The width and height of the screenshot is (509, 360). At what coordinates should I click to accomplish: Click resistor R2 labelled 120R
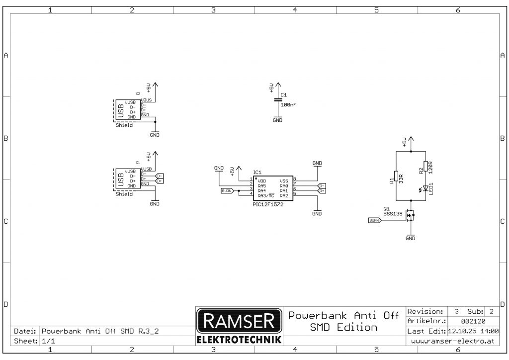425,167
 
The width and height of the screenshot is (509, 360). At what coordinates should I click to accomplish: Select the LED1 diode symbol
425,188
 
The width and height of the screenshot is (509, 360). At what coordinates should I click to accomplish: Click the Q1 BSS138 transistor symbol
410,215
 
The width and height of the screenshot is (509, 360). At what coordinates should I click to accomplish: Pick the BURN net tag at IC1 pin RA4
227,190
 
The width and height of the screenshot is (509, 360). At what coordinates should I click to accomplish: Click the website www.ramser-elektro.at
453,342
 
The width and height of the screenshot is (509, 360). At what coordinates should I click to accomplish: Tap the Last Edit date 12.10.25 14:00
473,331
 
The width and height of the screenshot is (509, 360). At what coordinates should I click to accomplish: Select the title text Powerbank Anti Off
343,315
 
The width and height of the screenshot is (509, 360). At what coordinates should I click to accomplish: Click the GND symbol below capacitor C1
278,119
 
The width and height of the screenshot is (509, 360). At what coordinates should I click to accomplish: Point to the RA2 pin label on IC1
284,195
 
